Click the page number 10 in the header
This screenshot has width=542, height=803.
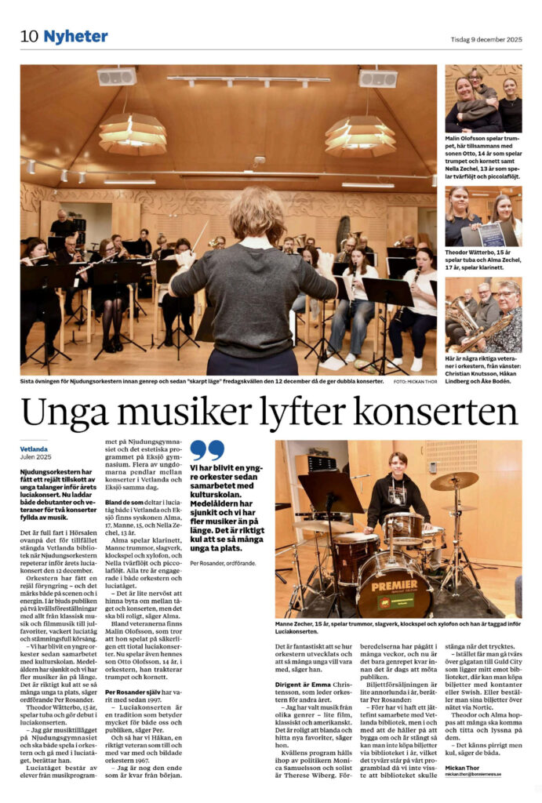(x=29, y=37)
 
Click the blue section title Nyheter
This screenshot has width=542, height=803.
(x=75, y=37)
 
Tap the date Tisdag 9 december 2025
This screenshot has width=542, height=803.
(x=486, y=39)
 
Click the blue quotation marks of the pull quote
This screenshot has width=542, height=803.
(x=207, y=449)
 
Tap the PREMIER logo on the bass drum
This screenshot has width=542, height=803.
(x=395, y=585)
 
